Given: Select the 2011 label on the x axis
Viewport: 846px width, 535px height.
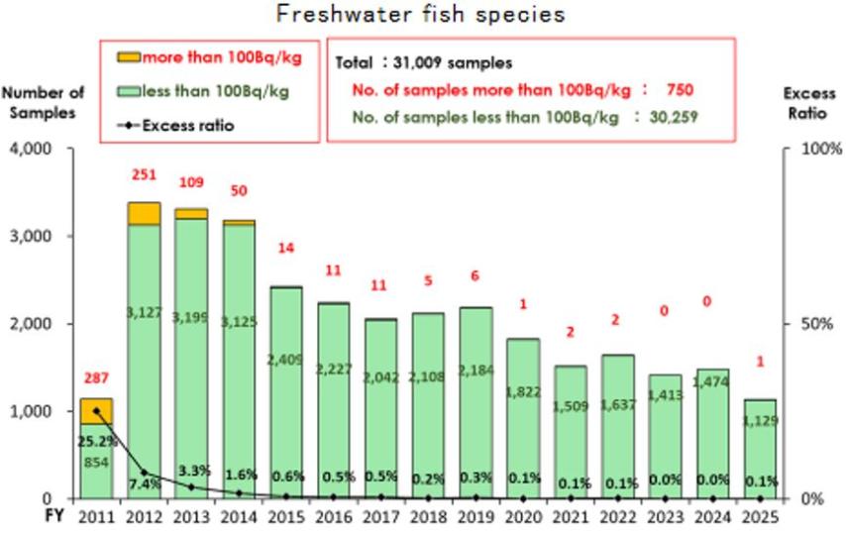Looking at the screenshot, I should coord(97,517).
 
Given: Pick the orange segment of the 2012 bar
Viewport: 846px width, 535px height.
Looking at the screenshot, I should coord(145,213).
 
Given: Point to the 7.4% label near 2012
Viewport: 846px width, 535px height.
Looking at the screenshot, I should coord(144,482).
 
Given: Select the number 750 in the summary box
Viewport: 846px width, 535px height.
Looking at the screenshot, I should coord(679,89).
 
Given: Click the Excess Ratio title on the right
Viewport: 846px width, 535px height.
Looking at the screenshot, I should coord(809,102).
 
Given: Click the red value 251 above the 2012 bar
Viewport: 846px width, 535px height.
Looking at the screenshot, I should coord(145,175).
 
